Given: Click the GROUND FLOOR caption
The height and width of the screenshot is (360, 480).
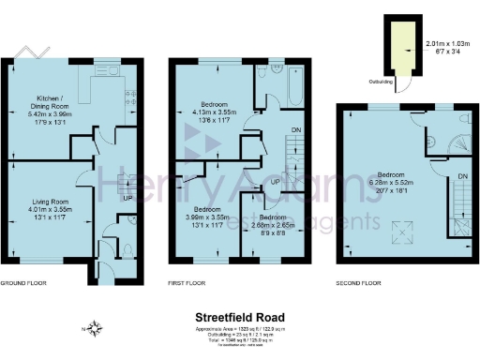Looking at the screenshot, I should click(23, 282).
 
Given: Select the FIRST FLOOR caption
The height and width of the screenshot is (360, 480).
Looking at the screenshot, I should click(191, 282).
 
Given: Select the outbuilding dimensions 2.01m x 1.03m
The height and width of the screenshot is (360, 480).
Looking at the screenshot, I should click(443, 42).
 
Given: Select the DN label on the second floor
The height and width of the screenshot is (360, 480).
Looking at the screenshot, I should click(461, 175).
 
